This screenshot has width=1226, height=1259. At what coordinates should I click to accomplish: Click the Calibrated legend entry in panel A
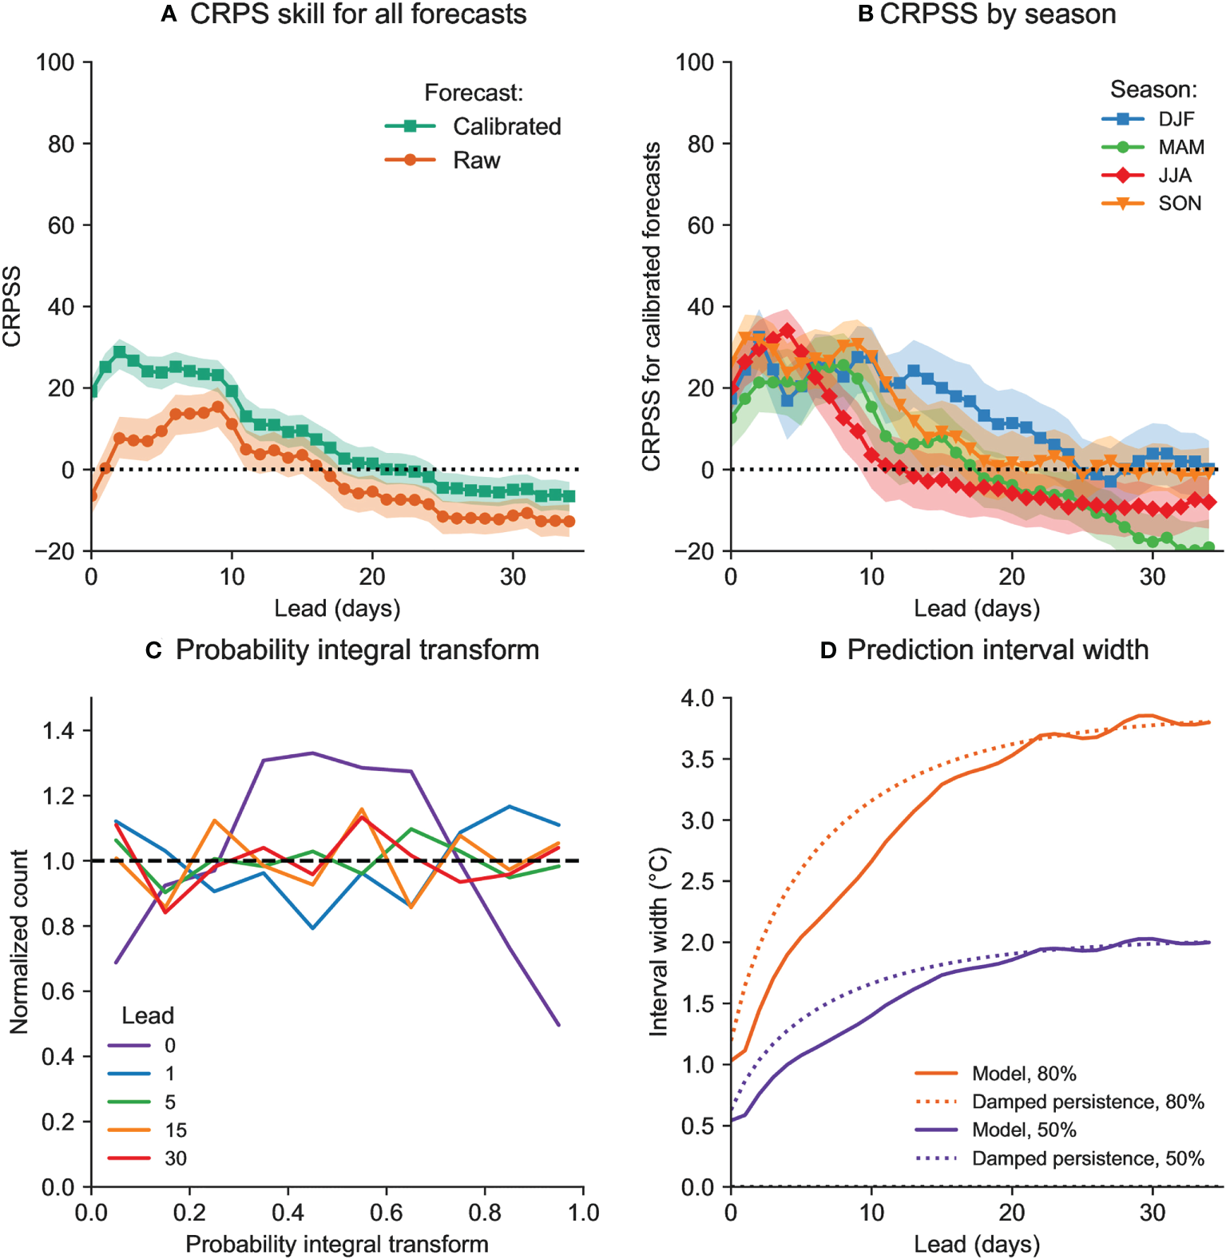[x=506, y=126]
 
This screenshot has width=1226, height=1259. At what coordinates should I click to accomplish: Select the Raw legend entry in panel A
[x=476, y=161]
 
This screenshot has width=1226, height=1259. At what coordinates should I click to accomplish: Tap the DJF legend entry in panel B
[x=1176, y=119]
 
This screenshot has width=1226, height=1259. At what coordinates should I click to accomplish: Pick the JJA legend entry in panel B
[x=1175, y=175]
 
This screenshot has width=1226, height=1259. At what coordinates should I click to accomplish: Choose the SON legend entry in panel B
[x=1180, y=203]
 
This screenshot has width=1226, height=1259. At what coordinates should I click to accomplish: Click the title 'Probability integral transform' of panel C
[x=357, y=650]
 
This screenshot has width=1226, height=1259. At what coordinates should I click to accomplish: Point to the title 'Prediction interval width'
[x=998, y=650]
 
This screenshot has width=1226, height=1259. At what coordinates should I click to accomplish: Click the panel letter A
[x=169, y=14]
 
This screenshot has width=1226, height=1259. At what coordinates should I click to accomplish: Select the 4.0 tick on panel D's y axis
[x=696, y=698]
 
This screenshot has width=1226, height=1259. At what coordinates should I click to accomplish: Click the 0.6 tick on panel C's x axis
[x=387, y=1213]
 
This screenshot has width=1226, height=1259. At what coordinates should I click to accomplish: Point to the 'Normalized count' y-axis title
[x=19, y=942]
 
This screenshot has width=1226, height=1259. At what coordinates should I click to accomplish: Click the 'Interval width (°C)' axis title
[x=658, y=942]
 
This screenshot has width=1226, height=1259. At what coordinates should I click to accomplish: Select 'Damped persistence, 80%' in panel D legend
[x=1087, y=1102]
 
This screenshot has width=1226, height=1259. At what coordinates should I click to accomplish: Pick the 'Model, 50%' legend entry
[x=1024, y=1130]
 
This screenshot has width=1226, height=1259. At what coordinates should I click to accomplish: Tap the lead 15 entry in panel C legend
[x=176, y=1130]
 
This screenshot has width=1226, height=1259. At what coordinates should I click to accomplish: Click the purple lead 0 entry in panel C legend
[x=169, y=1045]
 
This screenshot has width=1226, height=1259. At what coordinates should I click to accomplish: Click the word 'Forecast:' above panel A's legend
[x=474, y=93]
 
